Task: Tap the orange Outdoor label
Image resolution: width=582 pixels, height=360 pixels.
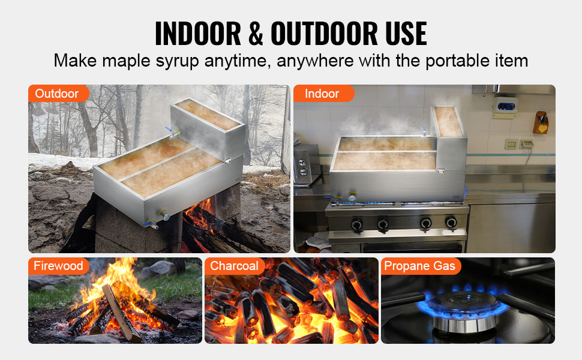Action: click(x=57, y=94)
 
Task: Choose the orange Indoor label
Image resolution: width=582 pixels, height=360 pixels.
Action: click(x=322, y=94)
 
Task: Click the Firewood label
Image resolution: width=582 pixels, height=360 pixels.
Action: click(x=58, y=266)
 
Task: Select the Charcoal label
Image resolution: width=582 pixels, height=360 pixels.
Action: click(x=235, y=266)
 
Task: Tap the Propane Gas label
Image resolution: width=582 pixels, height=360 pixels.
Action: click(x=419, y=266)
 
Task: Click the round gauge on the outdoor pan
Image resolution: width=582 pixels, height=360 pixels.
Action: click(x=166, y=217)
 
